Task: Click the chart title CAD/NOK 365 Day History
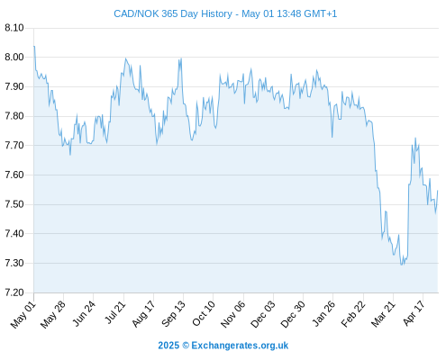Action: (173, 13)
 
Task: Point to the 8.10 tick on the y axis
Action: (14, 28)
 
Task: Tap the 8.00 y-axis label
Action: (14, 57)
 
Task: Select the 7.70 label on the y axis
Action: (14, 146)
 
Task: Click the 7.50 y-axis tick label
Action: (14, 204)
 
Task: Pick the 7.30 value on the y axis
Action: (14, 263)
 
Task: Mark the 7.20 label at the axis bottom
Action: (14, 292)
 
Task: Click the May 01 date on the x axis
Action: (23, 315)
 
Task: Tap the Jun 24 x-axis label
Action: (84, 313)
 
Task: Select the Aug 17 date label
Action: (143, 314)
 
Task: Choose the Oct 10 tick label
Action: (204, 313)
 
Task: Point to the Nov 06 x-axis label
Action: (233, 314)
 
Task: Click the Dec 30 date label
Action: (293, 314)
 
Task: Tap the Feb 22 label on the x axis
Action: (353, 314)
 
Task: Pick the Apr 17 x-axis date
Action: (414, 313)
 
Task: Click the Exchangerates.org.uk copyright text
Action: (223, 346)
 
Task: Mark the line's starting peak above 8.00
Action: (34, 46)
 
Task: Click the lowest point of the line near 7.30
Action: (401, 265)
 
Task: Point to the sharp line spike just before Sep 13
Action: (181, 58)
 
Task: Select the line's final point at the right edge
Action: (438, 191)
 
